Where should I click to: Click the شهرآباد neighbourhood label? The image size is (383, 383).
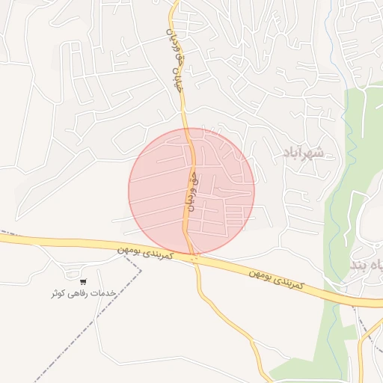303,153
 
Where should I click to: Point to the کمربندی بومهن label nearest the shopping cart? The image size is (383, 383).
146,252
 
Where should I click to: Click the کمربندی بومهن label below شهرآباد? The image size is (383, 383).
278,278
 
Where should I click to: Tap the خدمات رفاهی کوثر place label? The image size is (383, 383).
82,294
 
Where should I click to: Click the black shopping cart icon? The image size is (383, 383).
82,282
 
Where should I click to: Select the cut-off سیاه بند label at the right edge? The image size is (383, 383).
367,266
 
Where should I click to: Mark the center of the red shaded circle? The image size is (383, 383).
191,191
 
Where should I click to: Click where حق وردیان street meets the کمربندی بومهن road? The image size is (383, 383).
193,257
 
